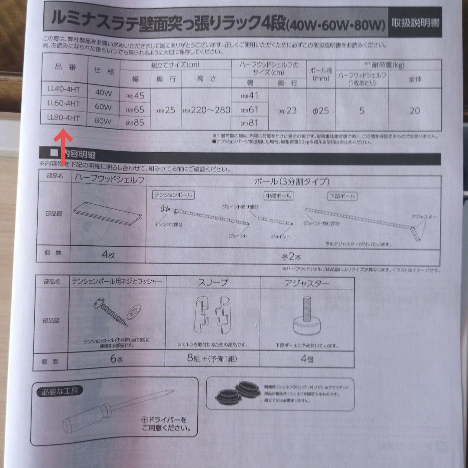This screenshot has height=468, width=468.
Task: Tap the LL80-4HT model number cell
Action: [64, 118]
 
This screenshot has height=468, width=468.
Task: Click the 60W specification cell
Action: [103, 107]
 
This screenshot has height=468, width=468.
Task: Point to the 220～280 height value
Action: [206, 110]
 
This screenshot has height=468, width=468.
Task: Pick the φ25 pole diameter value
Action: [321, 111]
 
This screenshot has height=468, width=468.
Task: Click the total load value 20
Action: [415, 111]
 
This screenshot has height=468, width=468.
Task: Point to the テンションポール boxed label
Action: [173, 195]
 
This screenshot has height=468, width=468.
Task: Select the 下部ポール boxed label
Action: [342, 196]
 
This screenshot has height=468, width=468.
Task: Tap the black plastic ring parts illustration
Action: [236, 392]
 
